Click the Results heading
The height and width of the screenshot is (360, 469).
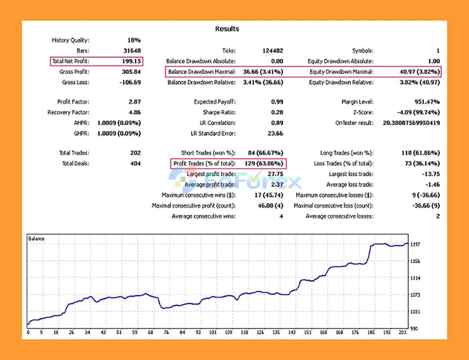(227, 29)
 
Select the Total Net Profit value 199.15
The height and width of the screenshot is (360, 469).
(131, 61)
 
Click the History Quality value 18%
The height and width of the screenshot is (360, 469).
(134, 40)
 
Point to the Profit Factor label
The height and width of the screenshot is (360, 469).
(73, 102)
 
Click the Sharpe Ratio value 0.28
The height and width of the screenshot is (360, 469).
(277, 112)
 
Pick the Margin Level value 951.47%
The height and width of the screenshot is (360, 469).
(427, 102)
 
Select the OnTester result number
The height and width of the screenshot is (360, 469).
(411, 123)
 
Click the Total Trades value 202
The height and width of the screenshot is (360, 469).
(135, 153)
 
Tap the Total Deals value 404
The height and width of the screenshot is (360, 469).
(135, 164)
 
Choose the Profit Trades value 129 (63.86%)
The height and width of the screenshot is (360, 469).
(263, 163)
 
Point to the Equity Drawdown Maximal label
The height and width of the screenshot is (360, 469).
(341, 72)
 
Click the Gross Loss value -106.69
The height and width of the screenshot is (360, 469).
(130, 82)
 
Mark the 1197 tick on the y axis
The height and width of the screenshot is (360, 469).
(415, 244)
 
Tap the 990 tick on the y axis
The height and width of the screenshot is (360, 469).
(414, 329)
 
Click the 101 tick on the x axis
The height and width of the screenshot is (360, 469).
(213, 333)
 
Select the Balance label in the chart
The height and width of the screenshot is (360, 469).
(36, 239)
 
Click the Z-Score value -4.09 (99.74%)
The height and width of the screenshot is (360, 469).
(418, 112)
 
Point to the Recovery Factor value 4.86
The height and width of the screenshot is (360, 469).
(134, 112)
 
